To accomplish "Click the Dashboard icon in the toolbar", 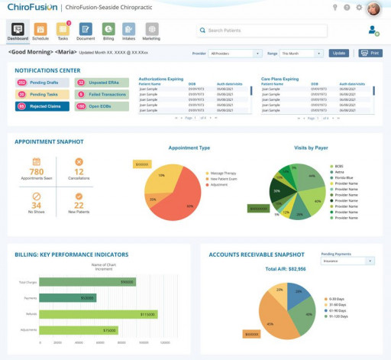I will click(x=18, y=30).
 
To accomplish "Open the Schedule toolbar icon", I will click(x=40, y=30).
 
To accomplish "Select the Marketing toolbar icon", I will click(x=152, y=30).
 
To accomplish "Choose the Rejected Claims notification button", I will click(x=41, y=106).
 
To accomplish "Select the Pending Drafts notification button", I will click(x=41, y=82).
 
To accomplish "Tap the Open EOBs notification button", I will click(x=101, y=106).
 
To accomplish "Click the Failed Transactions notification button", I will click(x=101, y=94).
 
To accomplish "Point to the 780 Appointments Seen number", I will click(x=36, y=172).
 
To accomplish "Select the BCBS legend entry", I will click(x=338, y=166).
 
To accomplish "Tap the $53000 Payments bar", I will click(x=68, y=298).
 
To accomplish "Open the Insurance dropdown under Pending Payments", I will click(x=348, y=261).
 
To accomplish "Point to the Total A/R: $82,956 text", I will click(x=286, y=270).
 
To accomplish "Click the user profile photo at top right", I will click(x=373, y=8).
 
